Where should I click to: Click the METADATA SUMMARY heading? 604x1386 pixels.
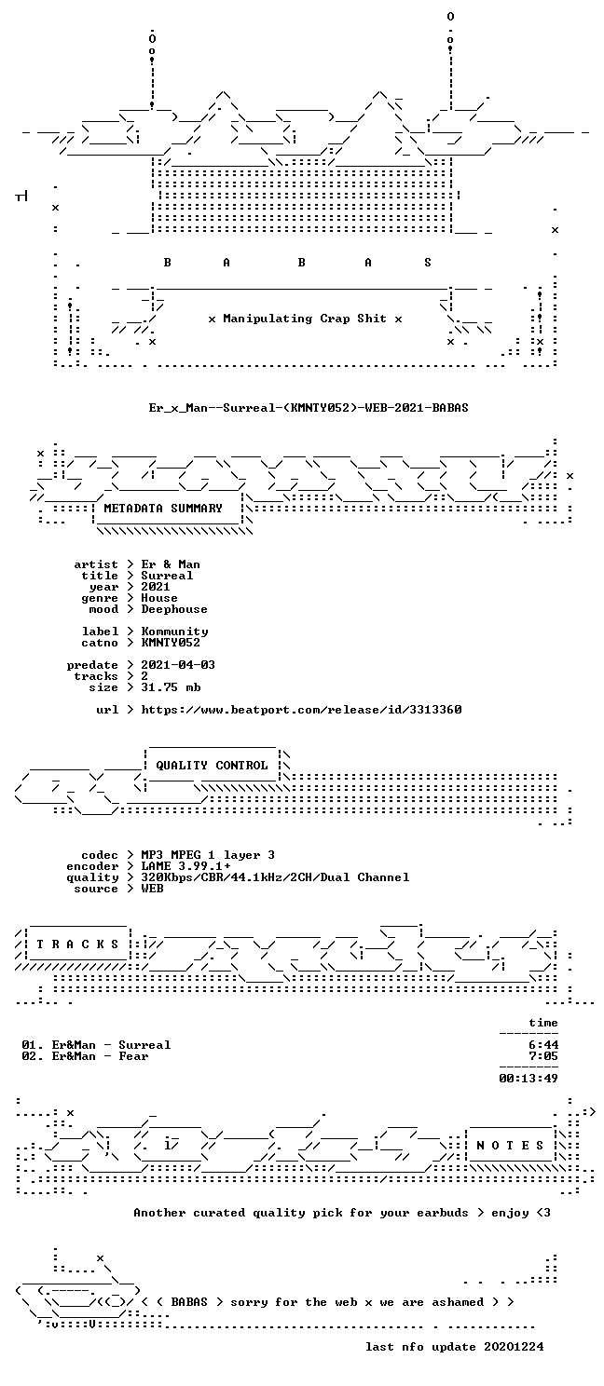point(163,508)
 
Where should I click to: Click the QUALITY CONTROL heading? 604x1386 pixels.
point(212,766)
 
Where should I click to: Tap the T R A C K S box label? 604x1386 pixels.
point(77,944)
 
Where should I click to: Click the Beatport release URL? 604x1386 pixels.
point(301,710)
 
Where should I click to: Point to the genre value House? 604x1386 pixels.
point(159,598)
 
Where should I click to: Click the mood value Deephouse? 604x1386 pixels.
point(174,609)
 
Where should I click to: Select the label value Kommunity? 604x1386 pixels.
point(174,632)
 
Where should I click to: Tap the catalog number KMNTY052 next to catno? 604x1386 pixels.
point(171,643)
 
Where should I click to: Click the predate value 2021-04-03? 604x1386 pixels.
point(178,665)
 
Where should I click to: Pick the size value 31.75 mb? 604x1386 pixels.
point(171,687)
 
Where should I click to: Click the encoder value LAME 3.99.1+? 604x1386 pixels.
point(185,866)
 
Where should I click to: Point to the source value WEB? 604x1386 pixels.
point(152,889)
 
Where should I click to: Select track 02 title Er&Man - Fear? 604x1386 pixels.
point(100,1056)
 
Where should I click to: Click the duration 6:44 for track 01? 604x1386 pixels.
point(543,1045)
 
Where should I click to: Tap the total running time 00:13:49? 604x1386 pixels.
point(528,1079)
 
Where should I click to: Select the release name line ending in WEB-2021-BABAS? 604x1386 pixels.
point(309,408)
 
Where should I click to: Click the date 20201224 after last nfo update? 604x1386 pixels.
point(514,1347)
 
